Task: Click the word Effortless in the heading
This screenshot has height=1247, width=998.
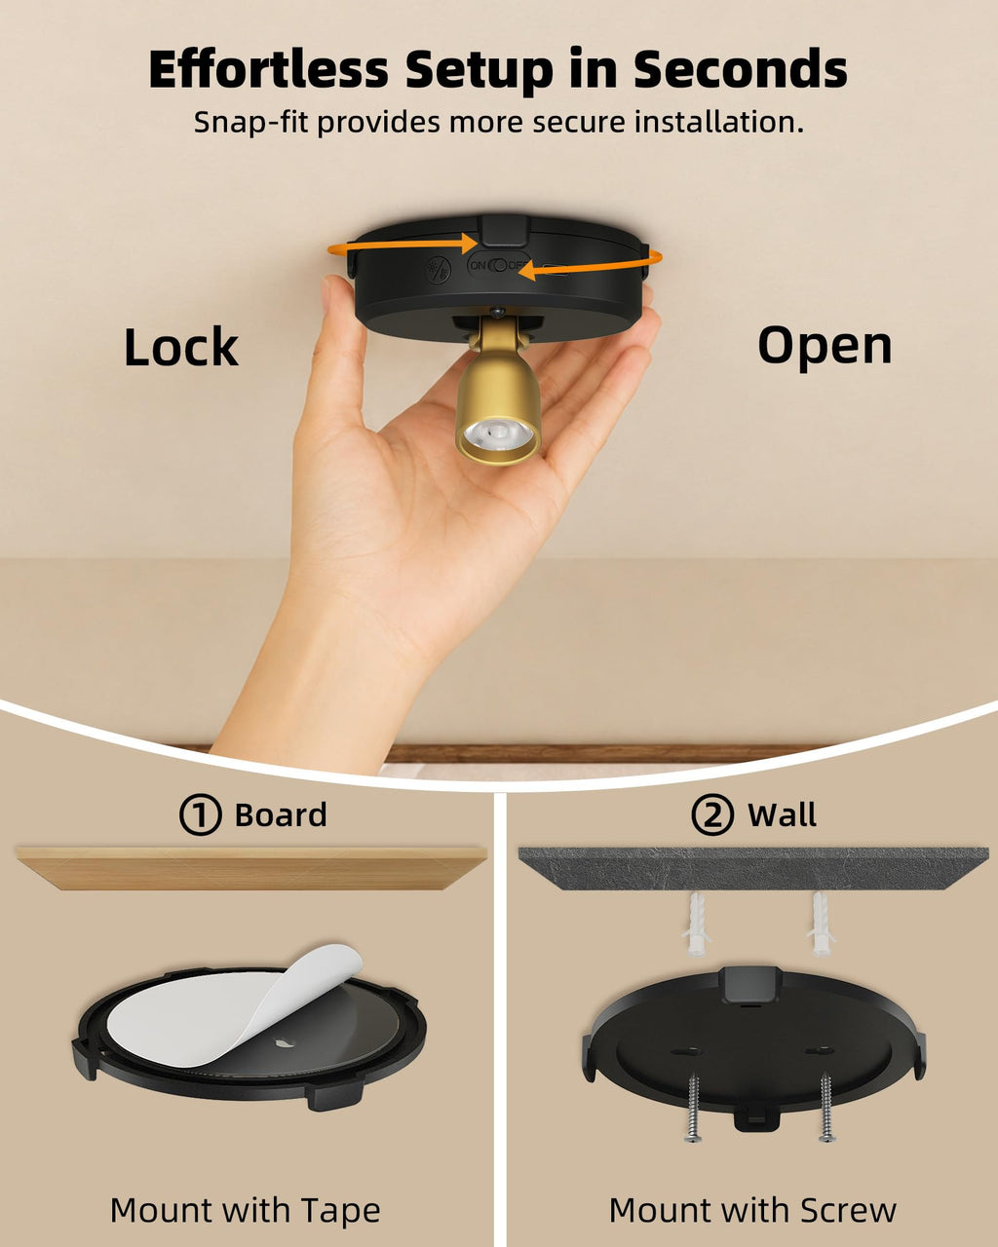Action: point(268,69)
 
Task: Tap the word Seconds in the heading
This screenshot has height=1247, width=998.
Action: point(740,69)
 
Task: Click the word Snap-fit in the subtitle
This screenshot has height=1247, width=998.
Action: point(250,123)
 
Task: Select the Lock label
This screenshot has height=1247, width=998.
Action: point(181,347)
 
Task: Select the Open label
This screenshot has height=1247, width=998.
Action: point(825,347)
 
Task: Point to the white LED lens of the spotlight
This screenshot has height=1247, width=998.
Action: point(498,433)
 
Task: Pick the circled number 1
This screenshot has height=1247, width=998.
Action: point(200,814)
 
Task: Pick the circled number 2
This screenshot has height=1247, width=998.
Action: point(712,814)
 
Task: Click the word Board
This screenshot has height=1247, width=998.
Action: point(281,814)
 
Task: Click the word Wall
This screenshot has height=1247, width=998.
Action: point(782,814)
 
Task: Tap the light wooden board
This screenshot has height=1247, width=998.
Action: point(251,868)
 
